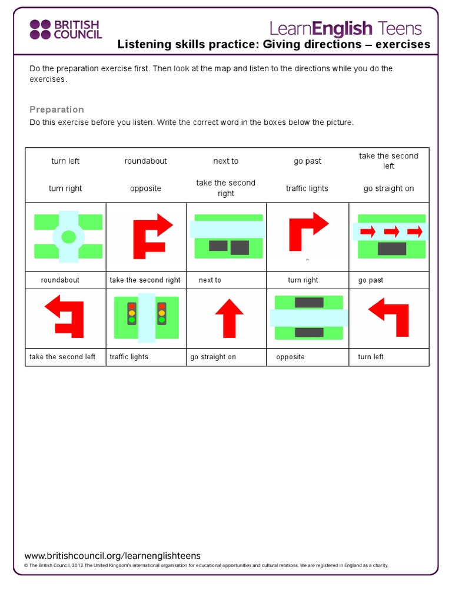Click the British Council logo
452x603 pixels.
click(x=65, y=29)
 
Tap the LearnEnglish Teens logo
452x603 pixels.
click(x=345, y=28)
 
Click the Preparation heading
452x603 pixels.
click(x=56, y=110)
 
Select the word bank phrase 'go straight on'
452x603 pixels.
click(x=388, y=188)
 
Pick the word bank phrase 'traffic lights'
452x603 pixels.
click(x=307, y=188)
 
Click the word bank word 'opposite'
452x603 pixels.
click(x=145, y=188)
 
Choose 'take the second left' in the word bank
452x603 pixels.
click(x=388, y=161)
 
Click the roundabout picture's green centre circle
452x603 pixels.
click(x=69, y=237)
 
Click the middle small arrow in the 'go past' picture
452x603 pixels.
click(x=392, y=231)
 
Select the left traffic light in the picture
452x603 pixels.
click(x=132, y=313)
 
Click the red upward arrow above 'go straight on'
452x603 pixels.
click(x=229, y=317)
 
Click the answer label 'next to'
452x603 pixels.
click(x=210, y=280)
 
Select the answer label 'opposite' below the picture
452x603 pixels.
click(x=290, y=357)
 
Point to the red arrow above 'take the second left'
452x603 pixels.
click(x=65, y=315)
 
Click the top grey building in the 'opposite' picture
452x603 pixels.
click(x=309, y=303)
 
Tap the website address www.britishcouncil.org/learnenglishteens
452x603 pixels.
click(x=112, y=556)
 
